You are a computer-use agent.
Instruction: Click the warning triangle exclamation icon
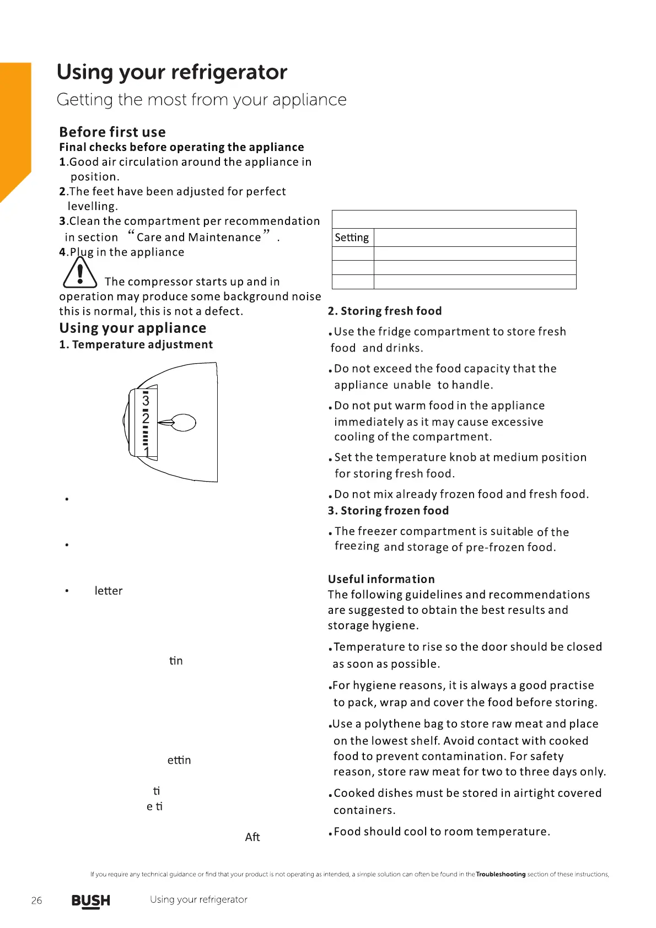tap(80, 273)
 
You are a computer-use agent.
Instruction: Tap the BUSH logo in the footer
tap(91, 900)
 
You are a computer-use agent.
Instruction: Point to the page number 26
tap(36, 900)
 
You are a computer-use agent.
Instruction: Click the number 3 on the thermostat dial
tap(146, 400)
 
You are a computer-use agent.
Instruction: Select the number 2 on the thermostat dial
tap(146, 418)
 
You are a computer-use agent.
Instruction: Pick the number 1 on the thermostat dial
tap(147, 452)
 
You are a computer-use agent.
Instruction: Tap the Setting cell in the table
tap(352, 238)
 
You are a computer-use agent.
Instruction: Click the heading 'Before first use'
tap(112, 132)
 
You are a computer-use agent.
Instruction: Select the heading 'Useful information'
tap(381, 579)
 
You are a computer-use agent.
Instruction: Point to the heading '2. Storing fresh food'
tap(385, 311)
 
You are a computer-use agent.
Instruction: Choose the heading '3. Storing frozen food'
tap(388, 511)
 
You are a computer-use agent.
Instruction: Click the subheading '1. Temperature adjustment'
tap(136, 344)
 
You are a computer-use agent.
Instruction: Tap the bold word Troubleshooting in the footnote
tap(501, 874)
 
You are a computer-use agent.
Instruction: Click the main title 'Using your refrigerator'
tap(172, 72)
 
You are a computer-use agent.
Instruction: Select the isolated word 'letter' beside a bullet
tap(108, 591)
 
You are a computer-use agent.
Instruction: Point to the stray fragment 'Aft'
tap(252, 837)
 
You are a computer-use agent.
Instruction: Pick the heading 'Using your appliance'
tap(133, 328)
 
